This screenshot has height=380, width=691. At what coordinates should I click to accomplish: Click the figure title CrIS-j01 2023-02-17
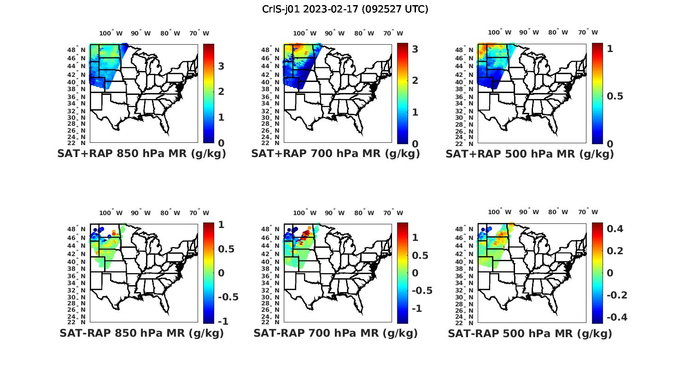pyautogui.click(x=345, y=9)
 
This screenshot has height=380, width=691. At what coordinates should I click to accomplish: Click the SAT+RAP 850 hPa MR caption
pyautogui.click(x=141, y=154)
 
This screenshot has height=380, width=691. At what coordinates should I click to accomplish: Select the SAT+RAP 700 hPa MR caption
pyautogui.click(x=335, y=154)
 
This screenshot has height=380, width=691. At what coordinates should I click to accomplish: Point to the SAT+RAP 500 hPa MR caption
pyautogui.click(x=530, y=154)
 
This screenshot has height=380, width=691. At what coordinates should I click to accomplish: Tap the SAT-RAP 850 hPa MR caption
pyautogui.click(x=141, y=333)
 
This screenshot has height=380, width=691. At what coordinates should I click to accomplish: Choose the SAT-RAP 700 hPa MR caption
pyautogui.click(x=335, y=333)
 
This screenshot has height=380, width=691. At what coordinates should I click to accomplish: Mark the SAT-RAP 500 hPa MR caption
pyautogui.click(x=530, y=333)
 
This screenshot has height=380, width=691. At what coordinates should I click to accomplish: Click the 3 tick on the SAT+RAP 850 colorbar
pyautogui.click(x=221, y=66)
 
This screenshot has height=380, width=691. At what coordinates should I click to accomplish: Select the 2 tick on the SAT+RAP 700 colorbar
pyautogui.click(x=415, y=80)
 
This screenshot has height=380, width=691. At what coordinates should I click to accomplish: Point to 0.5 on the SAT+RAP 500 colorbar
pyautogui.click(x=615, y=96)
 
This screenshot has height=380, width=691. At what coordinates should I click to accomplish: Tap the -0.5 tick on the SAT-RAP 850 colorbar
pyautogui.click(x=228, y=297)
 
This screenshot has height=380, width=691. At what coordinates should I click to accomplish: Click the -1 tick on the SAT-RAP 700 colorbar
pyautogui.click(x=416, y=308)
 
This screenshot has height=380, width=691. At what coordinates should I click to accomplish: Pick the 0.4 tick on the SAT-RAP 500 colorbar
pyautogui.click(x=615, y=228)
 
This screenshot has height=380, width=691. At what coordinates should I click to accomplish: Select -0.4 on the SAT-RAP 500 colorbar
pyautogui.click(x=617, y=317)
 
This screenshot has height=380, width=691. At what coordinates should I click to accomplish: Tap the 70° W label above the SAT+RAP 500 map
pyautogui.click(x=588, y=33)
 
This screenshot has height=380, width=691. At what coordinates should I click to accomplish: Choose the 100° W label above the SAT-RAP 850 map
pyautogui.click(x=111, y=213)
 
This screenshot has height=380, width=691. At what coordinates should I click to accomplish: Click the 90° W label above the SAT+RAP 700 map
pyautogui.click(x=334, y=33)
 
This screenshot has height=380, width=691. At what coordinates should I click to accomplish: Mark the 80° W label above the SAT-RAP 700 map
pyautogui.click(x=364, y=213)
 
